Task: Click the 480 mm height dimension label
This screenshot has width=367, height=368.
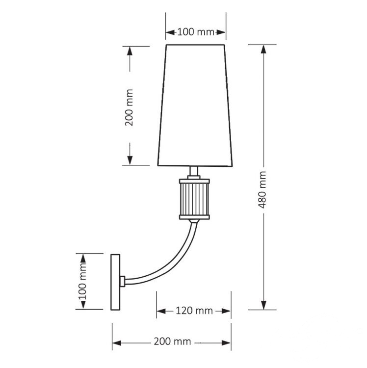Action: click(x=262, y=189)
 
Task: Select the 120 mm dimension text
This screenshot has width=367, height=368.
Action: click(x=194, y=311)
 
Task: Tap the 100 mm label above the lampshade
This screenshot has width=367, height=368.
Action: click(x=196, y=32)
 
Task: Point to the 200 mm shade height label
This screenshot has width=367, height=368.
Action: click(x=129, y=107)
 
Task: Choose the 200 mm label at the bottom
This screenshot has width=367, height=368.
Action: click(x=173, y=341)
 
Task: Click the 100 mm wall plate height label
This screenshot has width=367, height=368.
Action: click(x=82, y=282)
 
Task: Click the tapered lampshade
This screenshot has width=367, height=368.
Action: click(x=195, y=105)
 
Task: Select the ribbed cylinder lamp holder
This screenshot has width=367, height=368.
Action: click(x=194, y=199)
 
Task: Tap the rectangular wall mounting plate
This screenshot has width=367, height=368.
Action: click(x=115, y=282)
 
